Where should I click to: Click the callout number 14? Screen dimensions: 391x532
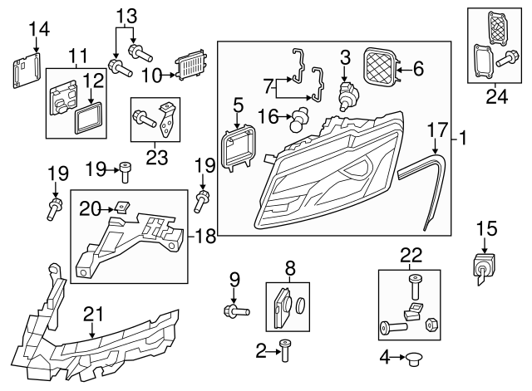pyautogui.click(x=39, y=30)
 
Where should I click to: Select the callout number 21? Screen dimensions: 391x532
pyautogui.click(x=95, y=313)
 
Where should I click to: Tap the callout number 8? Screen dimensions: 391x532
pyautogui.click(x=290, y=268)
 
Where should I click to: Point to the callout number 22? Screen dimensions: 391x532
pyautogui.click(x=411, y=255)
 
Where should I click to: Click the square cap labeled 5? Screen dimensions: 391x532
pyautogui.click(x=239, y=149)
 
